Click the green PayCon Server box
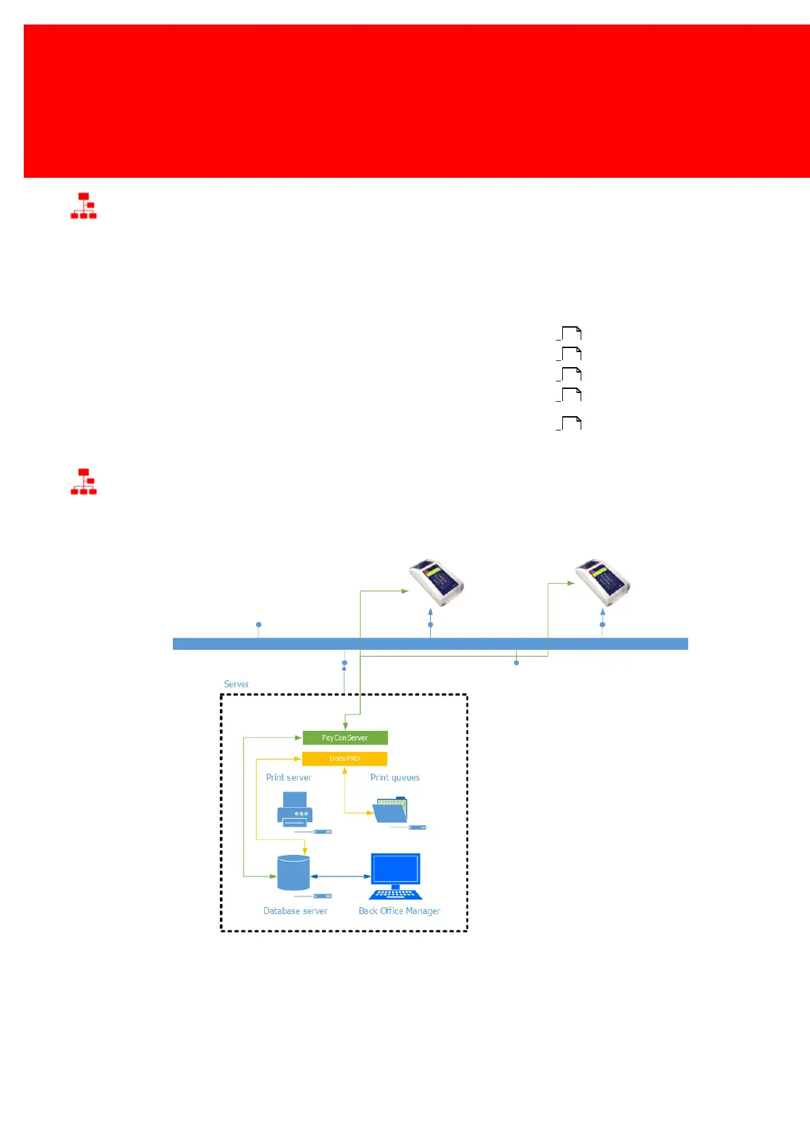(x=345, y=738)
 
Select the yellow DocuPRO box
(x=344, y=759)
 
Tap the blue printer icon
(x=295, y=809)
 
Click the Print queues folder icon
(x=391, y=810)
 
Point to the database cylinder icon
(x=293, y=873)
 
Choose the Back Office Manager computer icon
(x=395, y=876)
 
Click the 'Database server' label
(x=295, y=911)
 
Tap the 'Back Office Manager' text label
(x=400, y=911)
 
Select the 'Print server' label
(x=289, y=777)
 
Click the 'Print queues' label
(x=395, y=777)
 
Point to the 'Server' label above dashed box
(x=236, y=684)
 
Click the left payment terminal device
(x=437, y=582)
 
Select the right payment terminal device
(x=603, y=582)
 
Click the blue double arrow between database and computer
(x=340, y=877)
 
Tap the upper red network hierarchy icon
(x=84, y=206)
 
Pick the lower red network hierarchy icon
(x=84, y=482)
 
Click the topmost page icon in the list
(x=571, y=334)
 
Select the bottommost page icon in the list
(x=571, y=424)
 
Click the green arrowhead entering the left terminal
(x=405, y=591)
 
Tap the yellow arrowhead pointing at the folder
(x=370, y=813)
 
